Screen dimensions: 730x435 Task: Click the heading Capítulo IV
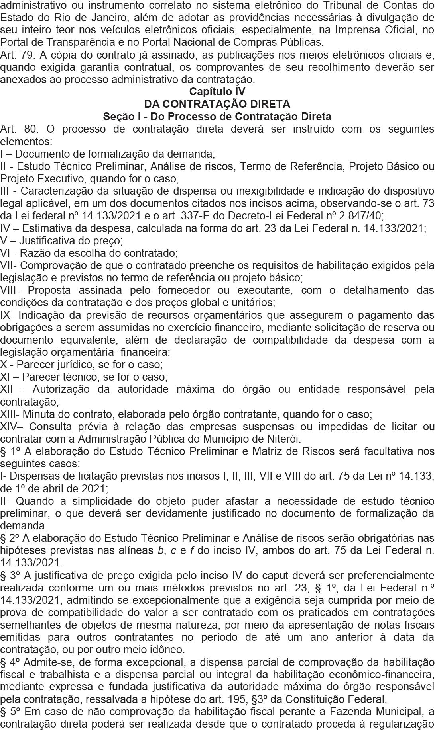pyautogui.click(x=217, y=92)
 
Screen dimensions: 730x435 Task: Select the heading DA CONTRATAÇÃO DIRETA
pyautogui.click(x=217, y=104)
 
